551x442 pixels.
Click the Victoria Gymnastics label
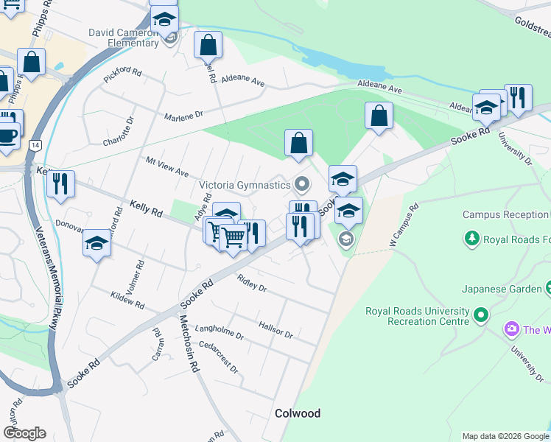tap(245, 184)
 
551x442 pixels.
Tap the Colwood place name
tap(298, 413)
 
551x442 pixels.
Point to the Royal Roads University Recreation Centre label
tap(417, 316)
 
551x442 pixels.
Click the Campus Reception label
tap(506, 215)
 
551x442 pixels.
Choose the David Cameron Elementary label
tap(123, 38)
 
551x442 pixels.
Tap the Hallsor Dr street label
tap(275, 329)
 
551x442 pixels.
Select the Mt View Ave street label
tap(167, 166)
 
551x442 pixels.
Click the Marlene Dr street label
tap(183, 116)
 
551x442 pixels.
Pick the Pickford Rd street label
tap(122, 74)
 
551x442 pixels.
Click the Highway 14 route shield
tap(35, 146)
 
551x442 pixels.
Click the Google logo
tap(24, 432)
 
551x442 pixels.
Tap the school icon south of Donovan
tap(96, 242)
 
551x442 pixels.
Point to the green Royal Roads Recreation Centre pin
tap(481, 316)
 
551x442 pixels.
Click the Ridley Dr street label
tap(252, 283)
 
